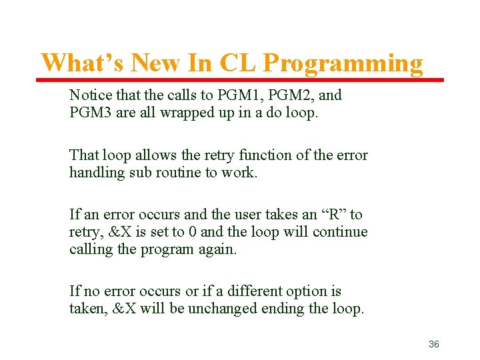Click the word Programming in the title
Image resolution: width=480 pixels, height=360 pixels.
point(343,64)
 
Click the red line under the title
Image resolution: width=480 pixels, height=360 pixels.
point(239,80)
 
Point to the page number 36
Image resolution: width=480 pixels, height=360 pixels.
point(433,344)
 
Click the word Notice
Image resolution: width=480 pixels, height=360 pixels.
point(90,95)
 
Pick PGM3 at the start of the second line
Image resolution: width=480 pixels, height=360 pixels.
point(91,113)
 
